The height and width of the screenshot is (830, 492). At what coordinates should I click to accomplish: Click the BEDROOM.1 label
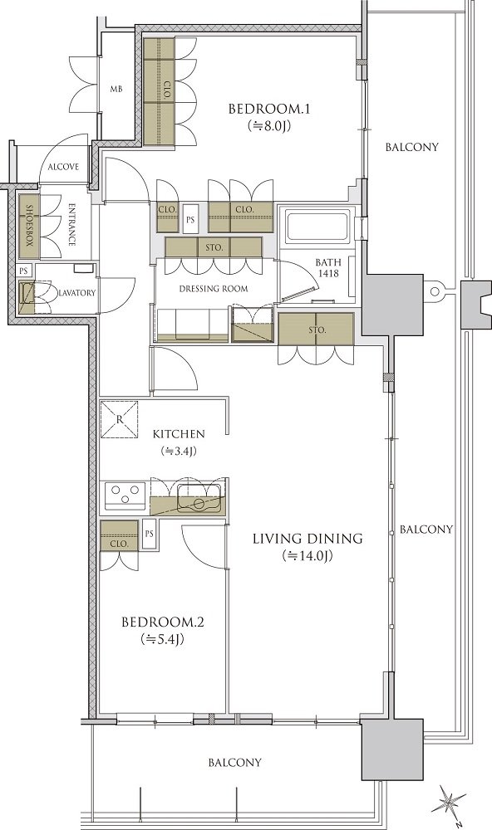(x=268, y=110)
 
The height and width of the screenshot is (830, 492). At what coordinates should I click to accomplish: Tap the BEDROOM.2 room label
(x=163, y=622)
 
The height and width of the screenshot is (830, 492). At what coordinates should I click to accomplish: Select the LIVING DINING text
(x=307, y=539)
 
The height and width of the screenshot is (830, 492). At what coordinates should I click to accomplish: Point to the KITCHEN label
(x=179, y=434)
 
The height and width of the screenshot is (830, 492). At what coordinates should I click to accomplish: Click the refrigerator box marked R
(x=120, y=419)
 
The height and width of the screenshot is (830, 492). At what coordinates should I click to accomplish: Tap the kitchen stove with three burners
(x=125, y=496)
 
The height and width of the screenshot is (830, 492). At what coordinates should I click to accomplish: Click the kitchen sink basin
(x=199, y=499)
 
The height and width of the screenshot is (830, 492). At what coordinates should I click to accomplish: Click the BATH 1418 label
(x=328, y=268)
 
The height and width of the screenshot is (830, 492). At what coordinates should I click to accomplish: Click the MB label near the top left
(x=116, y=90)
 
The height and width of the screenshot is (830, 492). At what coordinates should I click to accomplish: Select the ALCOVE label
(x=63, y=167)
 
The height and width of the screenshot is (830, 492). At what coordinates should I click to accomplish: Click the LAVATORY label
(x=77, y=293)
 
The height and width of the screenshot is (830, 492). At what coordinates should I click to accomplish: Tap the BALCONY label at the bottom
(x=235, y=763)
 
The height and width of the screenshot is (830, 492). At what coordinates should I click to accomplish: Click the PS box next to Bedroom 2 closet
(x=149, y=535)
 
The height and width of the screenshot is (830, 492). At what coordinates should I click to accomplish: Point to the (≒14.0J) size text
(x=307, y=556)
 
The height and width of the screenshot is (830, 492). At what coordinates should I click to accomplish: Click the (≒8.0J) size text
(x=269, y=126)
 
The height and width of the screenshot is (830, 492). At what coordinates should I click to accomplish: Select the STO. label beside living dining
(x=316, y=330)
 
